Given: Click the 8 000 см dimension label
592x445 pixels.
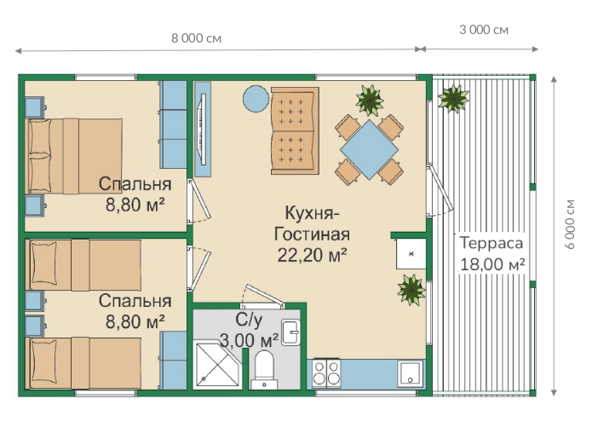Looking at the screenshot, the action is click(196, 38).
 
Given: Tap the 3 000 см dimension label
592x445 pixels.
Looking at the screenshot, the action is click(484, 30).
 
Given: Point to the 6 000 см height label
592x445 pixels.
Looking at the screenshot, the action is click(570, 224).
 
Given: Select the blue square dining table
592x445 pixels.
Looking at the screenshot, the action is click(369, 149).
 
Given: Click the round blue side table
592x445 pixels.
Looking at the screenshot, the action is click(256, 99).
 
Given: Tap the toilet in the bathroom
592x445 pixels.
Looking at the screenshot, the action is click(264, 369).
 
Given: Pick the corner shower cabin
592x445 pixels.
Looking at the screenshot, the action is click(217, 364).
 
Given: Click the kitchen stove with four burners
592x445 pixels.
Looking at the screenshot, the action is click(326, 373).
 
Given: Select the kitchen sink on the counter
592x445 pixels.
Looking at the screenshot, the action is click(411, 374).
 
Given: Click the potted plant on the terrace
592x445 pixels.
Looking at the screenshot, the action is click(453, 98).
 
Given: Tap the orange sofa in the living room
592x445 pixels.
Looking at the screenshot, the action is click(295, 131).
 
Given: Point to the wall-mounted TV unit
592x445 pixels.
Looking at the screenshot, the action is click(203, 130).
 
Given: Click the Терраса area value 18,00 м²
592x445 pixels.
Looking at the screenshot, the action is click(492, 264).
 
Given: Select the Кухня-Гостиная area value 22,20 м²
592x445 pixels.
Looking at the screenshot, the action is click(312, 255).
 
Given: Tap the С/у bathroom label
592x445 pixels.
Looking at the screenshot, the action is click(249, 320).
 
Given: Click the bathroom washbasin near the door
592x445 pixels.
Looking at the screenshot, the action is click(290, 332).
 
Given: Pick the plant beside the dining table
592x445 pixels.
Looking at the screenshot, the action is click(370, 100).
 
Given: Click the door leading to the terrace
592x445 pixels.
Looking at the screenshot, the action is click(440, 190).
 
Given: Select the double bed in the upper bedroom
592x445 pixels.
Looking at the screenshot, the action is click(73, 156).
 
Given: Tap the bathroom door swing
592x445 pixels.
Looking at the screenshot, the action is click(262, 295).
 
